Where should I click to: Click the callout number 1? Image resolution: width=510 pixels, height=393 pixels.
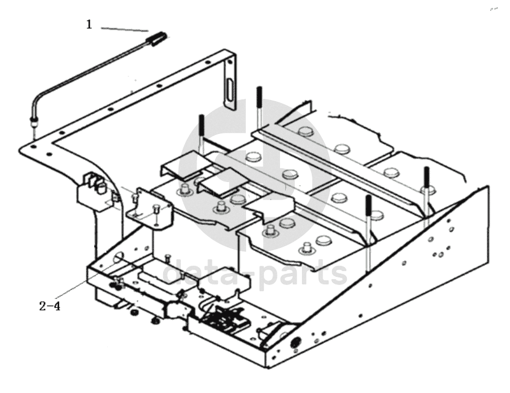point(89,24)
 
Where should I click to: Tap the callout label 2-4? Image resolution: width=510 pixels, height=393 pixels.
point(50,306)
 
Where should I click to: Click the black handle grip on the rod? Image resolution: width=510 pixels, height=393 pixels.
point(157,39)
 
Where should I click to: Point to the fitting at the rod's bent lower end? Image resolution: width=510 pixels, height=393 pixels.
point(34,122)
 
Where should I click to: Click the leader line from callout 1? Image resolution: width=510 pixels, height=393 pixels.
point(125,30)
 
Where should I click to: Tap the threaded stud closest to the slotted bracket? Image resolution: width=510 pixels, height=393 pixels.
point(259,107)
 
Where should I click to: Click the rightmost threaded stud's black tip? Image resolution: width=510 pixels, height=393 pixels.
point(426,177)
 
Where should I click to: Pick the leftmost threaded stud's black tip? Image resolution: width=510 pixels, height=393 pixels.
point(202,125)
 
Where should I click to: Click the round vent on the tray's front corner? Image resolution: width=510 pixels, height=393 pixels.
point(295,343)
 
